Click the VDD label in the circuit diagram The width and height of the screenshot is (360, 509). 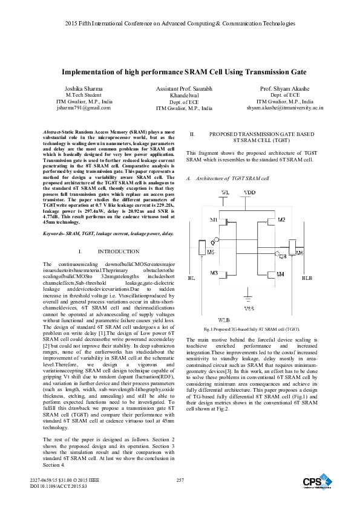click(x=249, y=192)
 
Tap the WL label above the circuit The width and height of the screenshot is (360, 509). click(x=226, y=192)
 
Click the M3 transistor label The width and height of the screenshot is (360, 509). click(x=214, y=273)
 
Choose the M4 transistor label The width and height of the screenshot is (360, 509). click(x=280, y=274)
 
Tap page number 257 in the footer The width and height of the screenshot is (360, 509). click(x=180, y=479)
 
